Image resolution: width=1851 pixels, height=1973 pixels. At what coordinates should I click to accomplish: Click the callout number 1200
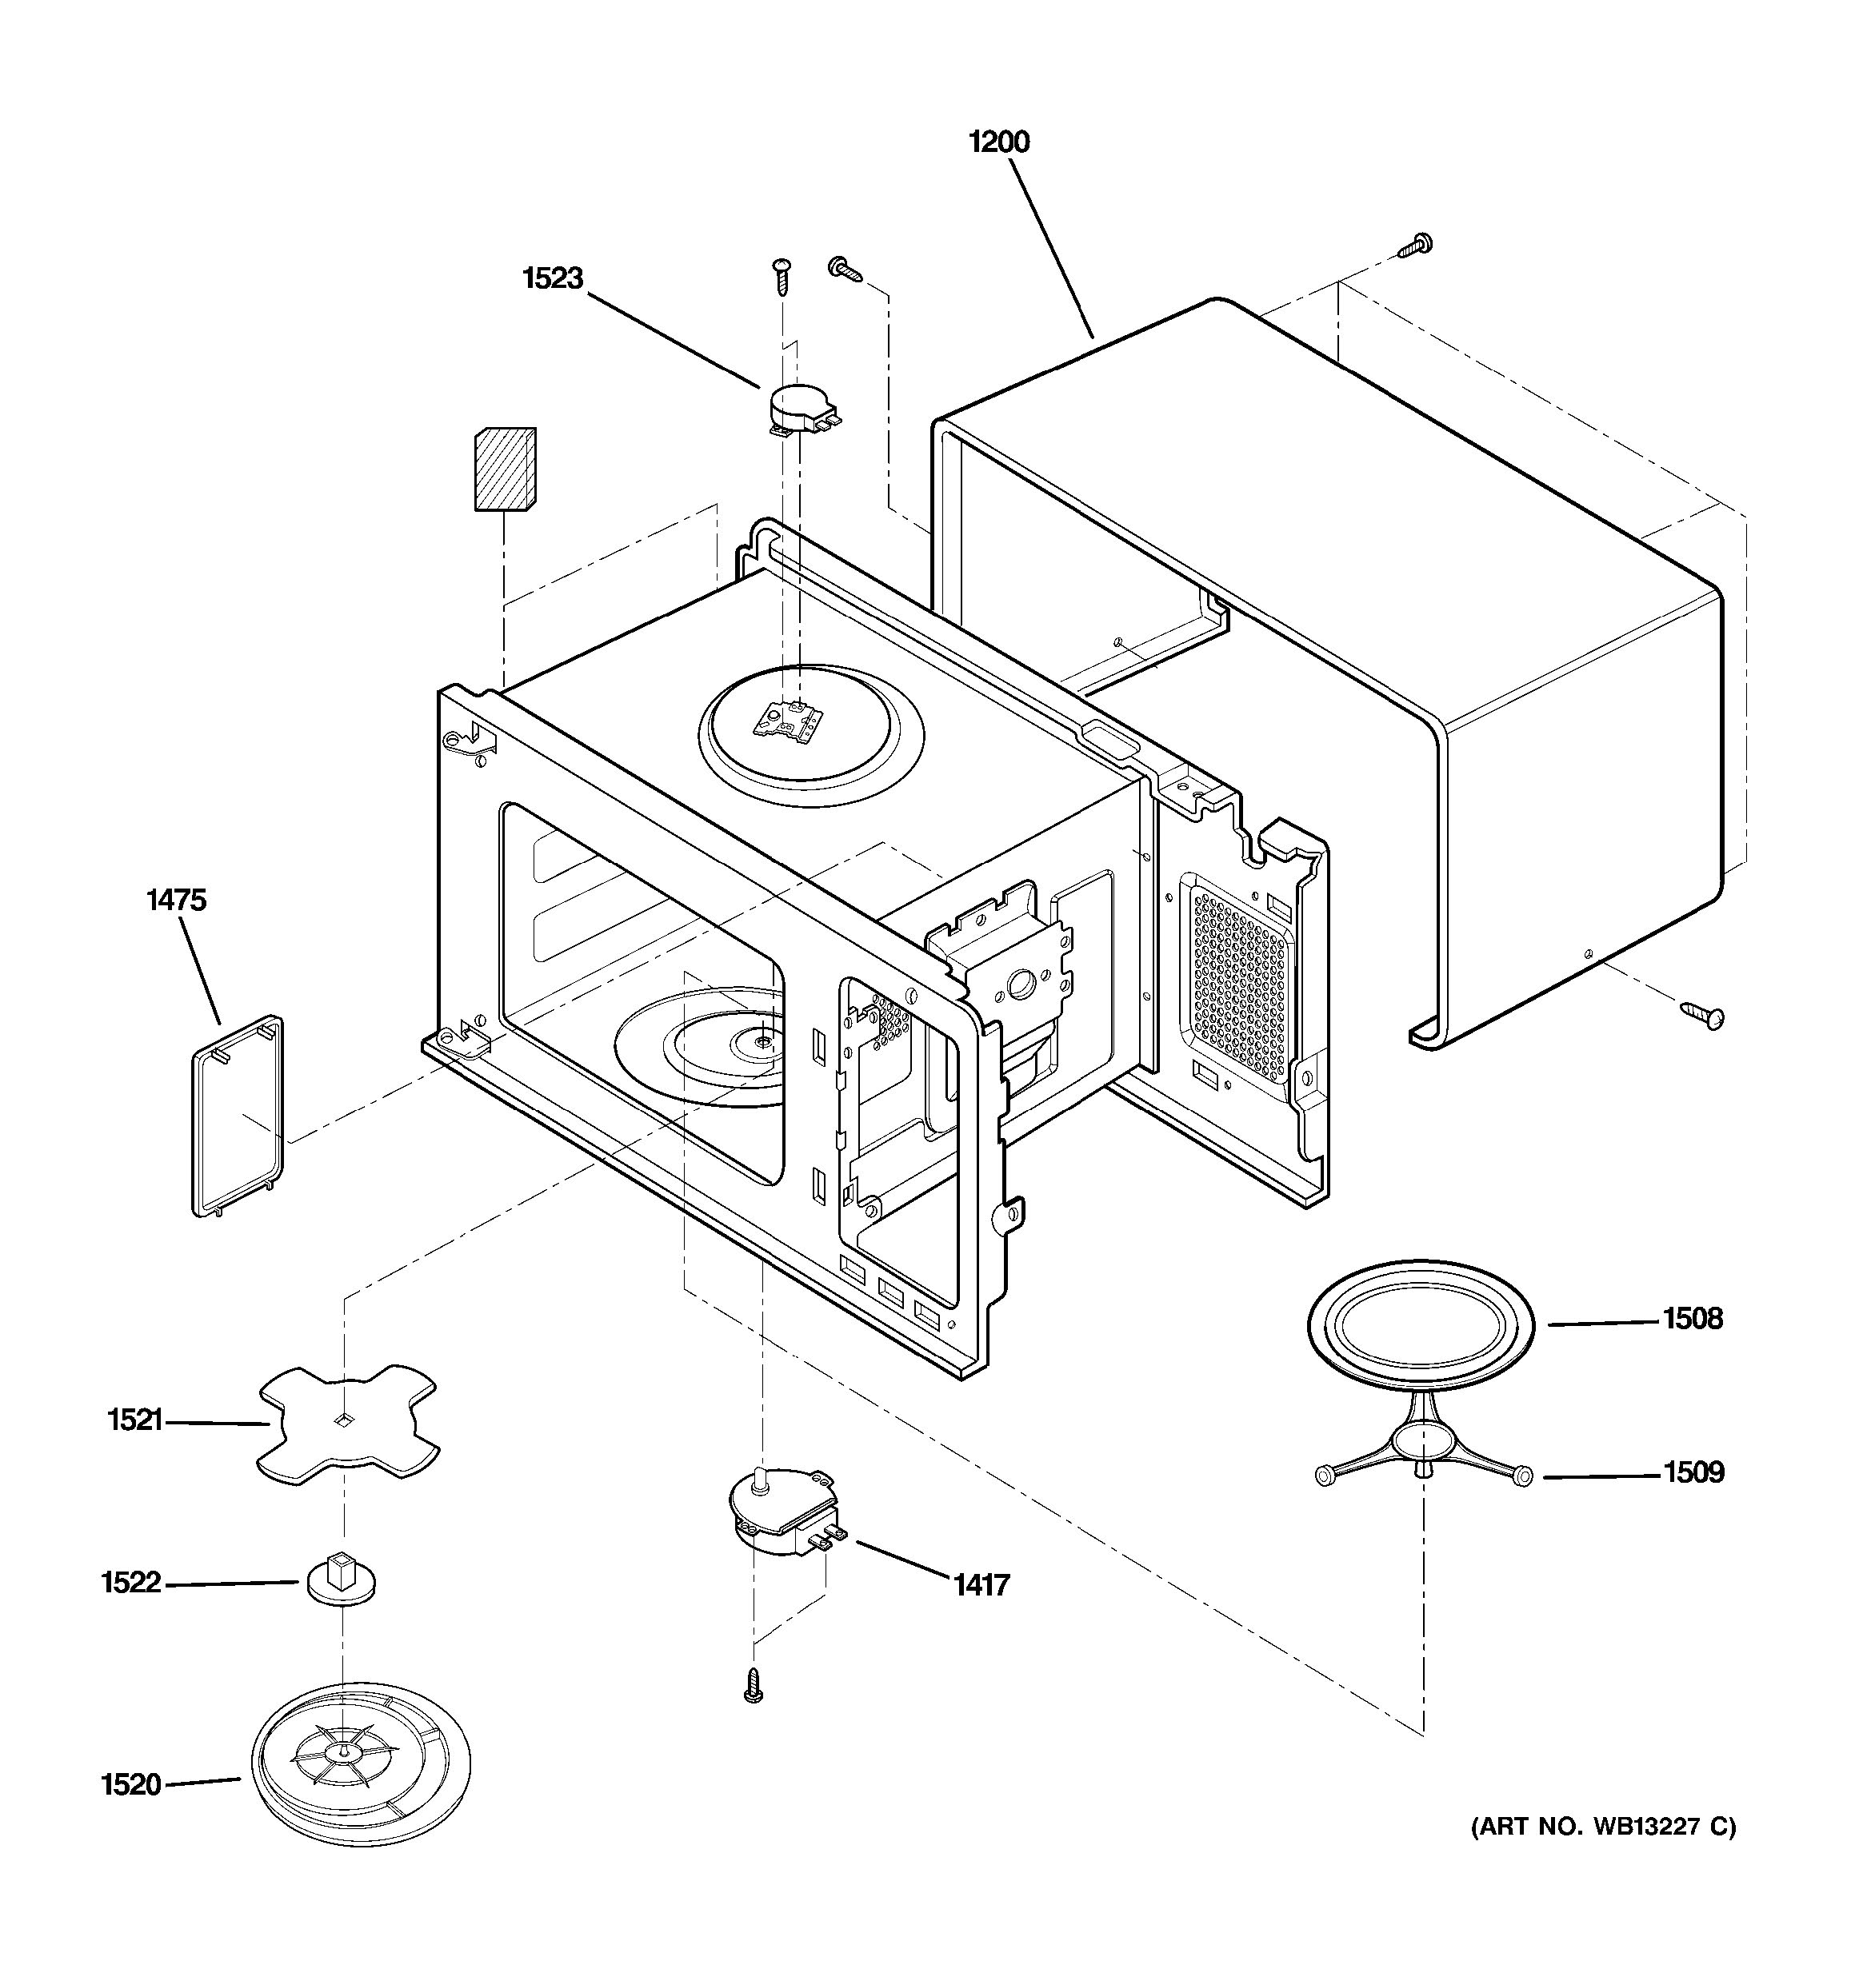click(998, 142)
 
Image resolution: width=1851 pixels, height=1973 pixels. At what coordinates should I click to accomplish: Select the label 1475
click(176, 901)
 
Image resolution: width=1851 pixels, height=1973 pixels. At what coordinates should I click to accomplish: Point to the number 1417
click(981, 1585)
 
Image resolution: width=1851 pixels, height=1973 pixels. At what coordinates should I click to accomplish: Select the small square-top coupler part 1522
click(341, 1577)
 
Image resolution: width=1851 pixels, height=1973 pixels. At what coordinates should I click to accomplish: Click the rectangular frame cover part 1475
click(238, 1115)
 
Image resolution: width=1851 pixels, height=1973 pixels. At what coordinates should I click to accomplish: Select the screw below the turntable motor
click(754, 1686)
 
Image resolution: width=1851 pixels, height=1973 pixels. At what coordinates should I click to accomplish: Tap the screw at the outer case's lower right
click(1703, 1014)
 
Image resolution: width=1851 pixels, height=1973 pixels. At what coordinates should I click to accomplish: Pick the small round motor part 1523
click(802, 409)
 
